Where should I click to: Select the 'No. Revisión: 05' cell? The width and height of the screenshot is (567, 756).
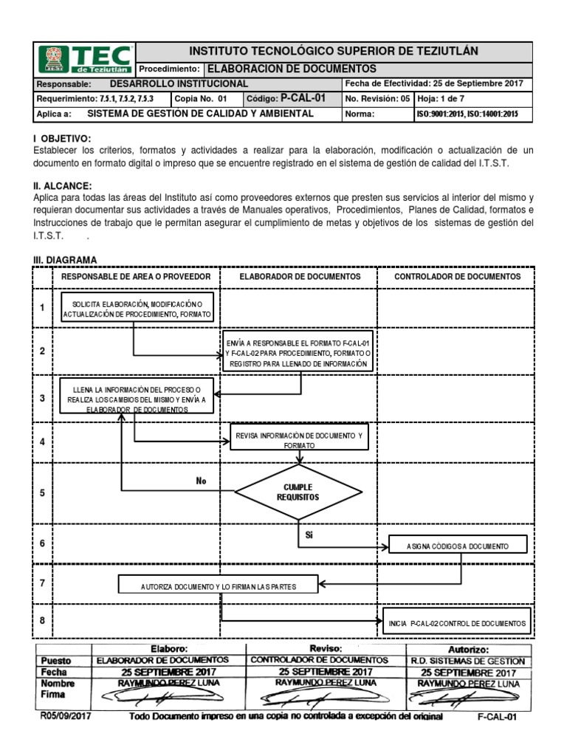pyautogui.click(x=377, y=98)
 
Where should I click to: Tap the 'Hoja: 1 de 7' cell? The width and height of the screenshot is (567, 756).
pyautogui.click(x=441, y=98)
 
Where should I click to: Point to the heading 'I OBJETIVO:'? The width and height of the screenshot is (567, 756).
pyautogui.click(x=63, y=139)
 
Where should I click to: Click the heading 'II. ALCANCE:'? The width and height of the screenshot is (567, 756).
pyautogui.click(x=63, y=186)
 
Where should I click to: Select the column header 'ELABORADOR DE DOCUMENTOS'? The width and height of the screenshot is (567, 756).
pyautogui.click(x=299, y=276)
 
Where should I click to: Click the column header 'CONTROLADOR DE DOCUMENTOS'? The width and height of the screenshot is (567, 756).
pyautogui.click(x=457, y=276)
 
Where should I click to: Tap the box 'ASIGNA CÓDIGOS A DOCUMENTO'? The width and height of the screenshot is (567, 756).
pyautogui.click(x=458, y=546)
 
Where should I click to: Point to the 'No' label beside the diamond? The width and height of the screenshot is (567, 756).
pyautogui.click(x=202, y=481)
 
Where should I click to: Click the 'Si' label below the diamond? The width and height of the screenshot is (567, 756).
pyautogui.click(x=309, y=535)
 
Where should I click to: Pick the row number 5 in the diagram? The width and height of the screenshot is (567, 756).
pyautogui.click(x=43, y=492)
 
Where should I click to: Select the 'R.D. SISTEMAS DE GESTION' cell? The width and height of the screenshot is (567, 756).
pyautogui.click(x=467, y=661)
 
